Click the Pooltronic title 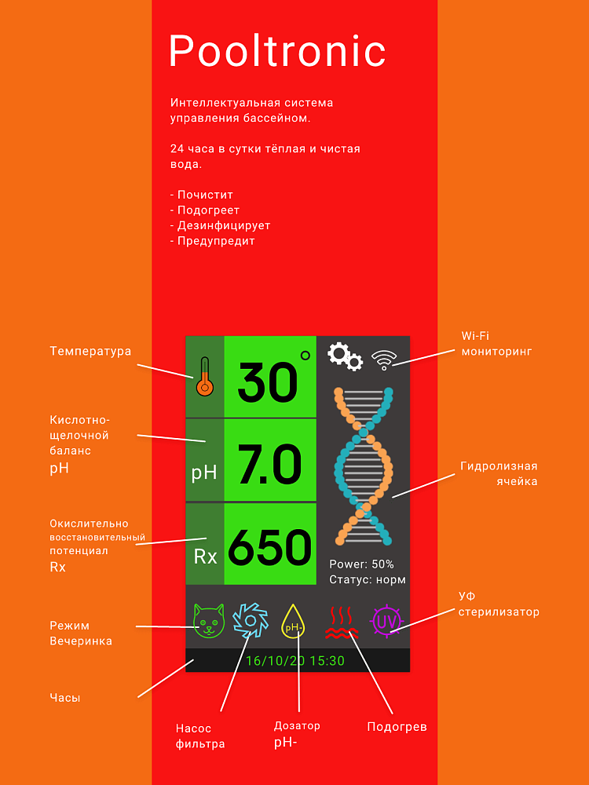(x=277, y=51)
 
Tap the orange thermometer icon (x=204, y=377)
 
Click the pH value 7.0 (x=269, y=464)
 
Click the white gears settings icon (x=345, y=356)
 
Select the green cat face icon (x=210, y=620)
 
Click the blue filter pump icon (x=251, y=620)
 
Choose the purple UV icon (x=386, y=621)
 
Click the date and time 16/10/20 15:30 (x=295, y=661)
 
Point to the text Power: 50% (x=361, y=564)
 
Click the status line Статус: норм (x=368, y=580)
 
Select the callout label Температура (x=90, y=352)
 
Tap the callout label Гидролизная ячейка (x=499, y=474)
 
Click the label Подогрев (x=397, y=727)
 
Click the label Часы (x=65, y=697)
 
